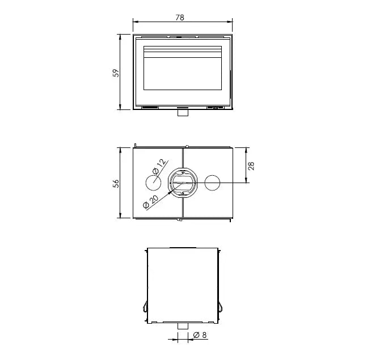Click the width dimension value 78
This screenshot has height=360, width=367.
coord(180,18)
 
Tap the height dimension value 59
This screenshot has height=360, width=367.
coord(115,73)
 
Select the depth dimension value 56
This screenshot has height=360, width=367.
coord(115,183)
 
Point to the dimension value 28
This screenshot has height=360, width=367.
coord(251,165)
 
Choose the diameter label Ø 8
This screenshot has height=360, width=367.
coord(200,335)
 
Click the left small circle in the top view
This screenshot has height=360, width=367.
coord(153,183)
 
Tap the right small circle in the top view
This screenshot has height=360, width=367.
coord(212,183)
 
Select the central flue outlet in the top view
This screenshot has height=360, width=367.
coord(183,183)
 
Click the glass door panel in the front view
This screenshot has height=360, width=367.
coord(182,71)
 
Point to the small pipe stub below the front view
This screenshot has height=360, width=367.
coord(183,112)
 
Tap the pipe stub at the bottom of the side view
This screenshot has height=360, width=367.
coord(183,326)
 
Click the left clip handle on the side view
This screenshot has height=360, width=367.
coord(144,306)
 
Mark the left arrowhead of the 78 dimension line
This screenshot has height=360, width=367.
coord(134,23)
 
